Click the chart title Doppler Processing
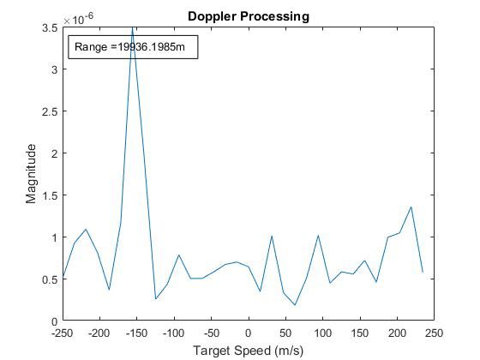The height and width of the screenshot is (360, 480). tap(248, 16)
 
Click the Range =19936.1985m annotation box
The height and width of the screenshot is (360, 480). tap(134, 47)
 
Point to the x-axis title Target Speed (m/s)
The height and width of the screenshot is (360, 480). tap(248, 350)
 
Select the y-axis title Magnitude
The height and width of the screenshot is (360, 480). tap(32, 174)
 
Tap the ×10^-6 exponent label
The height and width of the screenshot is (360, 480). tap(79, 17)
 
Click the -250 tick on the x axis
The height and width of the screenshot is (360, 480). tap(63, 333)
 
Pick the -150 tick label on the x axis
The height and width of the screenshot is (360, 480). tap(136, 333)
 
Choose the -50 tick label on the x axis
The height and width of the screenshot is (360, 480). tap(211, 333)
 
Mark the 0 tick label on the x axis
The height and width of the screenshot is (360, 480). tap(249, 333)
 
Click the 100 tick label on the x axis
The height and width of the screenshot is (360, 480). tap(322, 333)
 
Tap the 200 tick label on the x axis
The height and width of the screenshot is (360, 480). tap(397, 333)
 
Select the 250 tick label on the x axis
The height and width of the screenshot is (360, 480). tap(434, 333)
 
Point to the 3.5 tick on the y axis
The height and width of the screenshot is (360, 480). tap(51, 28)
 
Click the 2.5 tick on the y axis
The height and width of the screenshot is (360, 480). tap(51, 111)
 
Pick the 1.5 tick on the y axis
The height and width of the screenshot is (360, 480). tap(51, 195)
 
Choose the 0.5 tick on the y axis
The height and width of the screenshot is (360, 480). tap(51, 279)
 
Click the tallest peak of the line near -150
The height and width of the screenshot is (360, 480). tap(133, 31)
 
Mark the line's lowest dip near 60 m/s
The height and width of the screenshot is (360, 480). tap(295, 305)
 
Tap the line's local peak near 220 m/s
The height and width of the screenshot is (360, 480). tap(411, 207)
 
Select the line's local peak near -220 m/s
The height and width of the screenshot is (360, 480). tap(86, 229)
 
